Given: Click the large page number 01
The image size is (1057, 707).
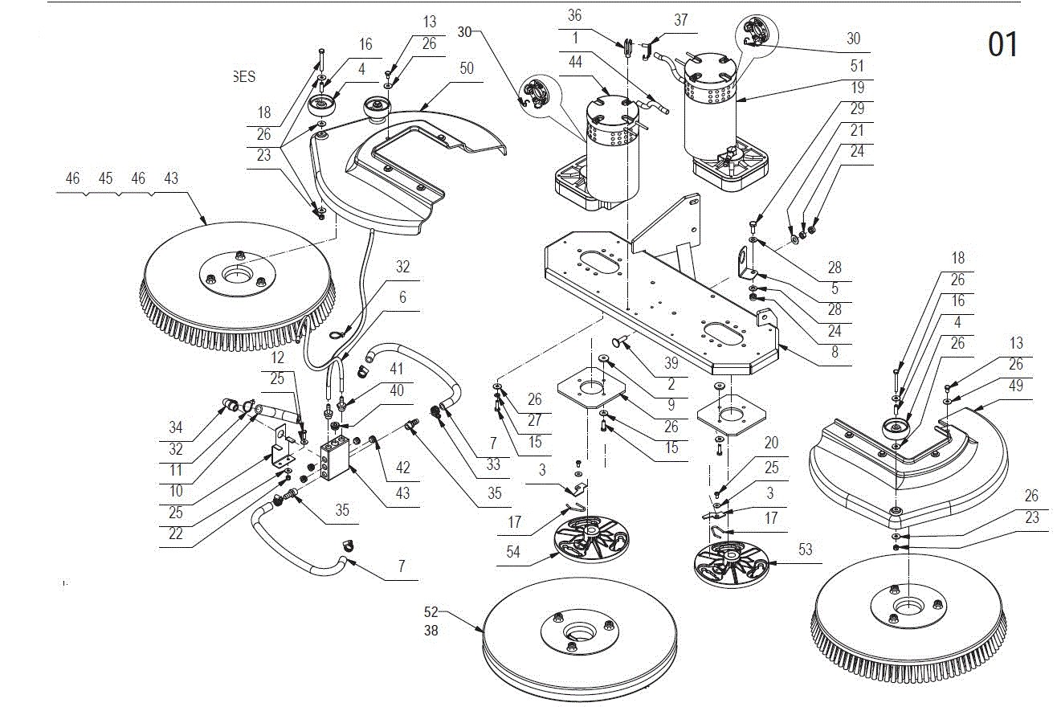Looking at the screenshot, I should (x=1002, y=44).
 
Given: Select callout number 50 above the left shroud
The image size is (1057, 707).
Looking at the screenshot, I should (x=467, y=67).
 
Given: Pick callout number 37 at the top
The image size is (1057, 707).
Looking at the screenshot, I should (x=680, y=20).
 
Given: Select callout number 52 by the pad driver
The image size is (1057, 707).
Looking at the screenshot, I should (x=431, y=612).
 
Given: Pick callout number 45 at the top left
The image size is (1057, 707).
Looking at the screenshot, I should (x=105, y=178).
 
